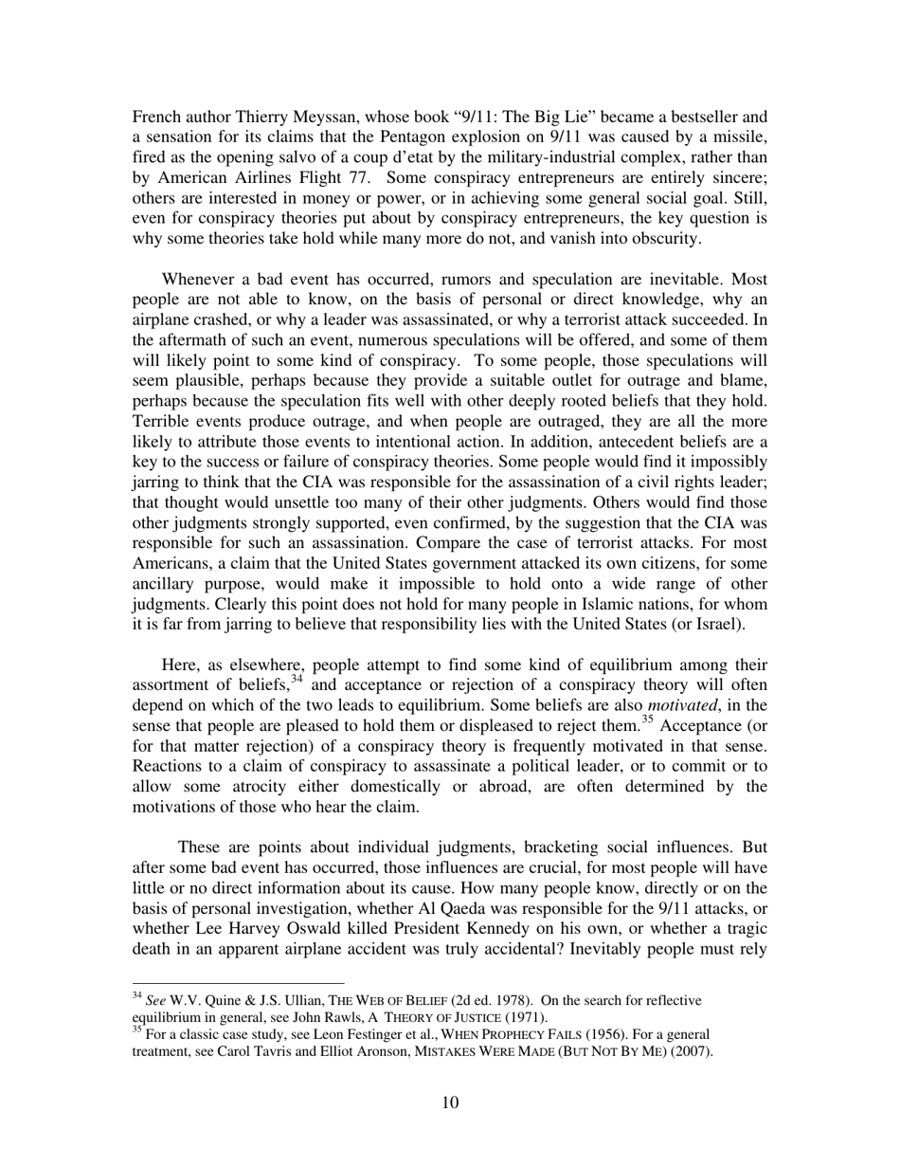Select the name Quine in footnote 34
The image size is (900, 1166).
[220, 1000]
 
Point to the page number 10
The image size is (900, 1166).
[450, 1102]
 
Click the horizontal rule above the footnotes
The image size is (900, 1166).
[237, 983]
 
